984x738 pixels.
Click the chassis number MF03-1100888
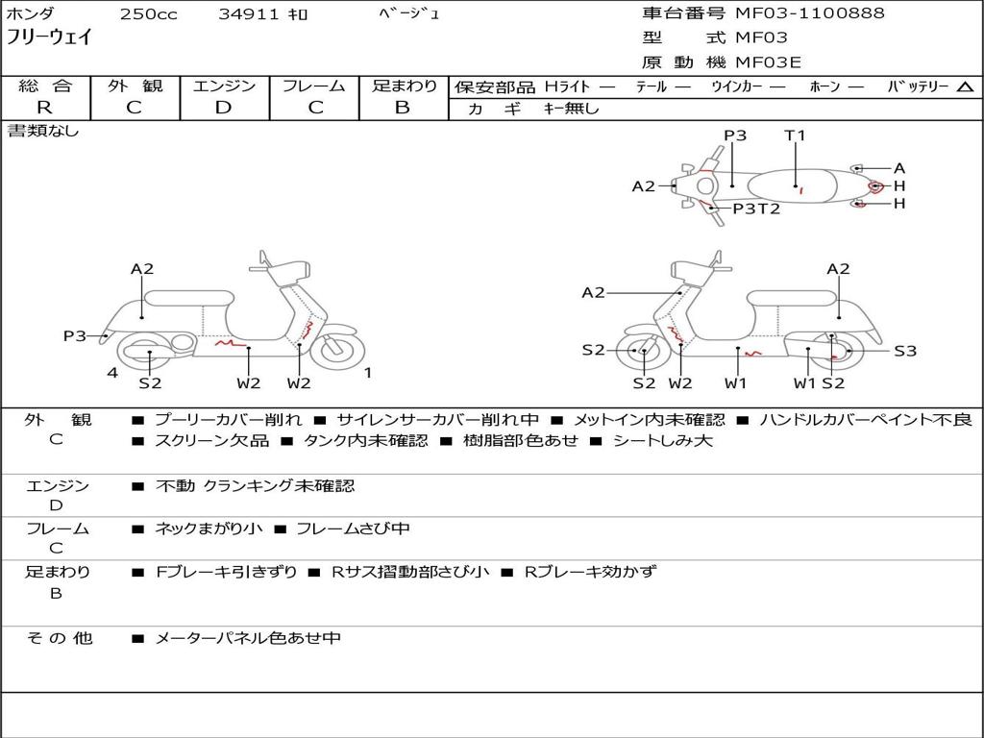pos(809,13)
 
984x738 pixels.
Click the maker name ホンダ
pos(31,14)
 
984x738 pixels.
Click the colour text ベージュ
pos(407,14)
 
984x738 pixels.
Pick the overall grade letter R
pos(44,108)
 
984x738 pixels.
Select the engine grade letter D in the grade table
pos(223,108)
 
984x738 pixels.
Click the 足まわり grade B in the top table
pos(403,108)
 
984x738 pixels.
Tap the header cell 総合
pos(44,86)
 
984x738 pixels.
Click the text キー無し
pos(571,109)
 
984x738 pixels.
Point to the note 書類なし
pos(43,131)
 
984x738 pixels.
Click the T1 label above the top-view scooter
pos(795,135)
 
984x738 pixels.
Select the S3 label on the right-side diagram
pos(905,351)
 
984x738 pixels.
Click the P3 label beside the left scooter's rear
pos(75,335)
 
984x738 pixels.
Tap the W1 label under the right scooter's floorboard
pos(736,383)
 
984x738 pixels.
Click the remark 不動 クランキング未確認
pos(255,486)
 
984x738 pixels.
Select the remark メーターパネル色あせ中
pos(248,638)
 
